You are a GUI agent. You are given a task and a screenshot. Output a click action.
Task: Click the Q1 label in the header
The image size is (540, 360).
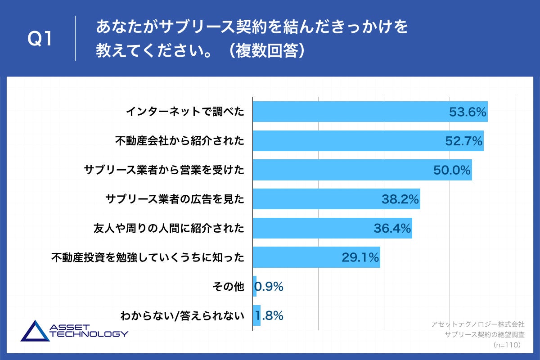click(40, 40)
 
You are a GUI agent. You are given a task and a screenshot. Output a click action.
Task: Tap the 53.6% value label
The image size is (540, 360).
click(468, 112)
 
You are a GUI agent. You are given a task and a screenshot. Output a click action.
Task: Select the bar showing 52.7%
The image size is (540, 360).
click(368, 141)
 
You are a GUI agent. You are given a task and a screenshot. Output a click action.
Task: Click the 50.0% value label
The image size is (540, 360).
click(452, 171)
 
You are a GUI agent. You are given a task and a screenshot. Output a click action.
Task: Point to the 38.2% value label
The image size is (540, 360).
click(400, 199)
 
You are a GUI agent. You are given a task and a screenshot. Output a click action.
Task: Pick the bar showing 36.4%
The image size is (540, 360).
click(332, 228)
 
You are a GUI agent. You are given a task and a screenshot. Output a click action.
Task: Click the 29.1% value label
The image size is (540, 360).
click(360, 258)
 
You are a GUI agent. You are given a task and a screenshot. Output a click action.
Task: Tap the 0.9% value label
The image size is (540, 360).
click(269, 287)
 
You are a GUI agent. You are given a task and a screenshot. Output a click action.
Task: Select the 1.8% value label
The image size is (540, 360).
click(269, 316)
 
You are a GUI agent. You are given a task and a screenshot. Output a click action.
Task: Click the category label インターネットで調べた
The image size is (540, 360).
click(185, 112)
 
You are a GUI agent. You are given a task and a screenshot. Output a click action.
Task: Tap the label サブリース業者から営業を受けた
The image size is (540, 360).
click(164, 170)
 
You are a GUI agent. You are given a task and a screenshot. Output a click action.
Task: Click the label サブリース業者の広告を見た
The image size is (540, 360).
click(175, 199)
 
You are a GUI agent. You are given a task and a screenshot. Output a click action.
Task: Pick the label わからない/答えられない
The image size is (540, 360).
click(182, 316)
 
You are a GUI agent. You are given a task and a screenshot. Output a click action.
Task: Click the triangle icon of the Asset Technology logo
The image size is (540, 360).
click(35, 331)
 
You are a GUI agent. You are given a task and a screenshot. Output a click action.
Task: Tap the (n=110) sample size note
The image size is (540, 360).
click(508, 345)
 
